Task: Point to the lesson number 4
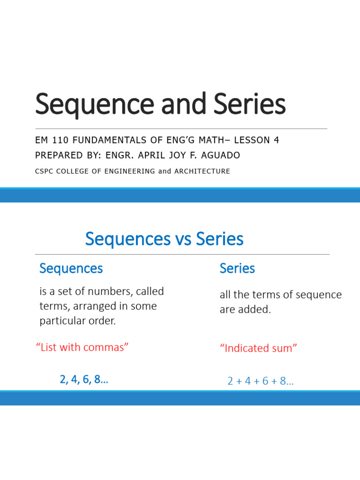pyautogui.click(x=277, y=140)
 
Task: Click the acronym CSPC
pyautogui.click(x=45, y=171)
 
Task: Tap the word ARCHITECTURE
pyautogui.click(x=202, y=171)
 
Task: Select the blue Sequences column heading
pyautogui.click(x=71, y=269)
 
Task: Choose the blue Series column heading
pyautogui.click(x=237, y=269)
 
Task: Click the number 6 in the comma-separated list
pyautogui.click(x=88, y=380)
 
